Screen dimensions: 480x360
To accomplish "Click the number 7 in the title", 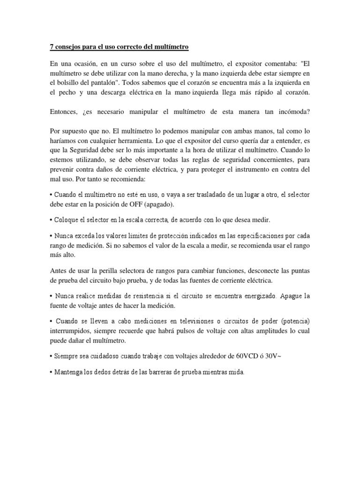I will tap(52, 47).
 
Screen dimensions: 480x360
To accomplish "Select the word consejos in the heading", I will tap(69, 47).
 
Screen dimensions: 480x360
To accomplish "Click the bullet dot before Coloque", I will tap(51, 219).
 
